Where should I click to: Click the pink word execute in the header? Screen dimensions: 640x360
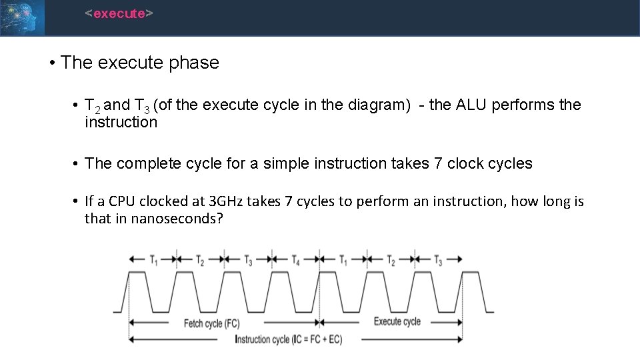[x=119, y=13]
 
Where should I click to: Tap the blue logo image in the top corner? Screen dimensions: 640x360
[x=23, y=17]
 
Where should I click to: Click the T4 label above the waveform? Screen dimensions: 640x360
[x=295, y=261]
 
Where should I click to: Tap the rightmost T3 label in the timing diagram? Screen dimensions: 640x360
[x=438, y=261]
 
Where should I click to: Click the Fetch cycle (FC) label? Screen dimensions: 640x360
[x=212, y=323]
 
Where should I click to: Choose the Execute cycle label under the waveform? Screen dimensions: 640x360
[x=397, y=321]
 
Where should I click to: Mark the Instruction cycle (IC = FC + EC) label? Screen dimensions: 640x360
[x=289, y=339]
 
